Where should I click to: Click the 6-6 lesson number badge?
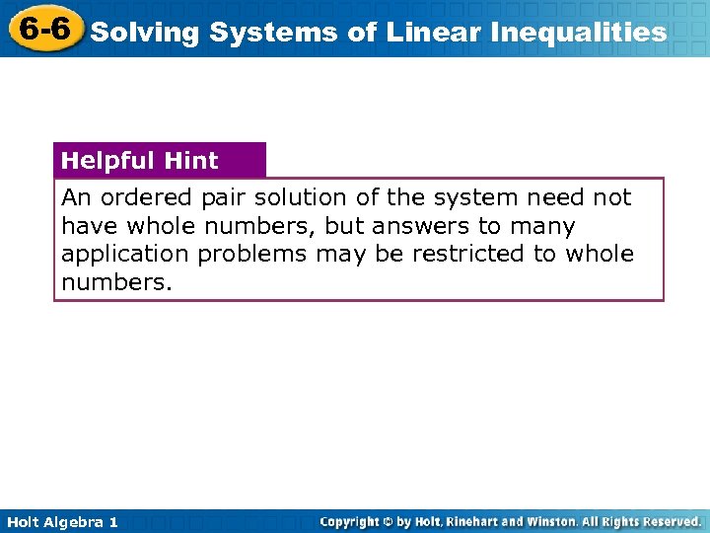click(x=43, y=30)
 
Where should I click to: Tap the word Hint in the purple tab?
click(x=192, y=161)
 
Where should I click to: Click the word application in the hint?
click(x=125, y=254)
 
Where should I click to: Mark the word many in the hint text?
click(x=541, y=226)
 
